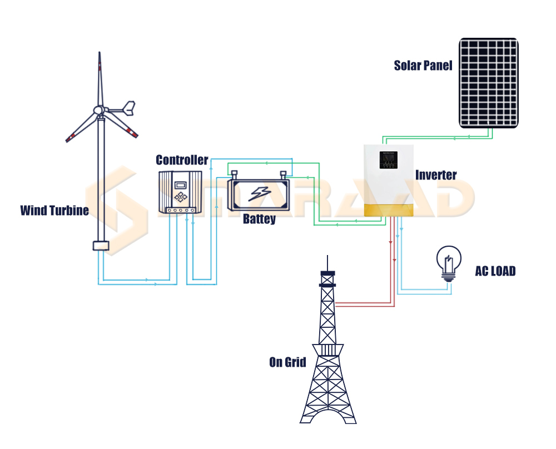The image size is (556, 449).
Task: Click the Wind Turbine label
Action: click(x=54, y=211)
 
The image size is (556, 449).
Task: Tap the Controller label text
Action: click(x=182, y=161)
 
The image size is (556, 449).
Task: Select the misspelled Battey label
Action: click(x=259, y=219)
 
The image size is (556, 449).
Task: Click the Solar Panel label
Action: click(x=423, y=65)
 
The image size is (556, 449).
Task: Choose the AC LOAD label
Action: click(x=495, y=271)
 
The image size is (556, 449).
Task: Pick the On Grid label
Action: click(x=287, y=362)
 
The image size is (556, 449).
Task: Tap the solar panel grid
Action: click(x=489, y=82)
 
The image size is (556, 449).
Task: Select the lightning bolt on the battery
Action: click(x=259, y=193)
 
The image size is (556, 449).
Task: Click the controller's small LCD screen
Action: click(x=180, y=184)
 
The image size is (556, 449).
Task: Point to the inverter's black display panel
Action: click(x=388, y=160)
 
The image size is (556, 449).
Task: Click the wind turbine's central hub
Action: click(x=99, y=110)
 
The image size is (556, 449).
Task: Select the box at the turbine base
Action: click(x=100, y=246)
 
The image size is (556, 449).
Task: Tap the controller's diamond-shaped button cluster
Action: click(x=180, y=197)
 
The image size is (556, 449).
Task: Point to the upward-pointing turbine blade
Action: click(x=100, y=78)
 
